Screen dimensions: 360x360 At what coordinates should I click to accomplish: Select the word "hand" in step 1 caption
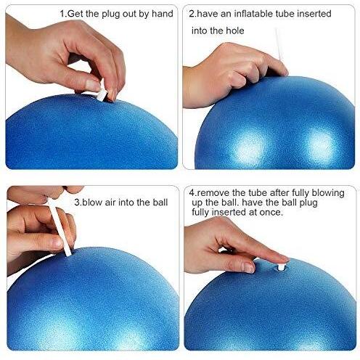tap(163, 14)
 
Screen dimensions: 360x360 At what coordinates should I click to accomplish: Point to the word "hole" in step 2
tap(235, 30)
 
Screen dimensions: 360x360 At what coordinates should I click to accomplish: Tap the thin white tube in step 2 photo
tap(278, 45)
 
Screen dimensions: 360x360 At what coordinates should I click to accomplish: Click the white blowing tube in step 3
tap(60, 227)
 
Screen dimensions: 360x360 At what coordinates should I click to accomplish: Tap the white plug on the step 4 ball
tap(281, 267)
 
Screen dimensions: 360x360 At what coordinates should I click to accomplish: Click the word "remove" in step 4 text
tap(213, 193)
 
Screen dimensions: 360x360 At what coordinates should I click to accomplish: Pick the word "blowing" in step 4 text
tap(328, 194)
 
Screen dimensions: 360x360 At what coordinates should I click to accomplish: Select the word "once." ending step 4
tap(271, 212)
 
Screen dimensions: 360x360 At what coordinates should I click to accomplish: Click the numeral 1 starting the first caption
tap(62, 14)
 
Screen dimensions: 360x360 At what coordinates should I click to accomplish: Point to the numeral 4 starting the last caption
tap(192, 193)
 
